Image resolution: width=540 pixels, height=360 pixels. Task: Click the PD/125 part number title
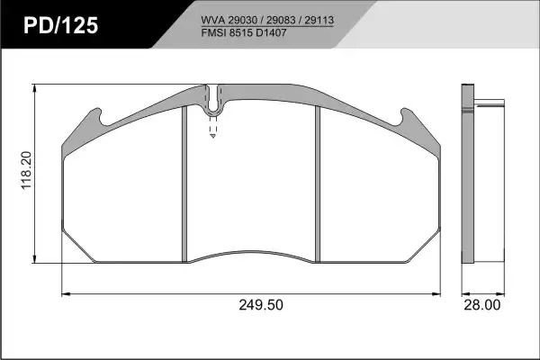[61, 25]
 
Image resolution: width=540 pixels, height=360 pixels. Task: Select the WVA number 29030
[243, 21]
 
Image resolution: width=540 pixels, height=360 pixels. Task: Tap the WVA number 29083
[281, 21]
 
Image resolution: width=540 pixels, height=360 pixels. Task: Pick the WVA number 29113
[319, 21]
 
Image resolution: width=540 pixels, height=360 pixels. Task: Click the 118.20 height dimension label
[26, 170]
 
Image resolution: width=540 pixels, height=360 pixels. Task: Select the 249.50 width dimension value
[261, 305]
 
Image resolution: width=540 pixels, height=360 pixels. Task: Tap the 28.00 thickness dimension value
[482, 305]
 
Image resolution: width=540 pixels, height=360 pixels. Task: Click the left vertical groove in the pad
[184, 184]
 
